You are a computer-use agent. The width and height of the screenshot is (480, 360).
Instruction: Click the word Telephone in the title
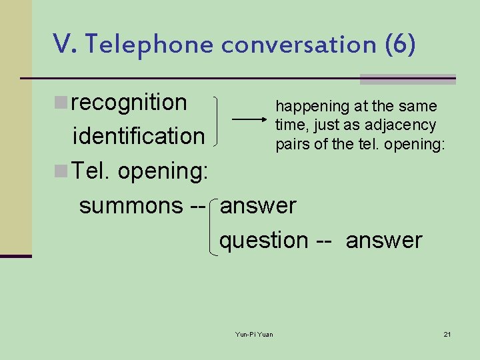coord(149,44)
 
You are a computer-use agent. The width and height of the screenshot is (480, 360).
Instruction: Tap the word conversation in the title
coord(299,44)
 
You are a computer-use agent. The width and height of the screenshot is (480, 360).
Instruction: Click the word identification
coord(139,136)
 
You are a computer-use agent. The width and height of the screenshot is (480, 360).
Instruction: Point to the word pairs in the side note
coord(293,144)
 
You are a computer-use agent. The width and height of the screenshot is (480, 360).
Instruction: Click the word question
coord(264,240)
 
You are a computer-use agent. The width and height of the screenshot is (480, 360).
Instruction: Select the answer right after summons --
coord(258,205)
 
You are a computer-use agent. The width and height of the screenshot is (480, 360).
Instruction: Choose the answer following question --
coord(384,240)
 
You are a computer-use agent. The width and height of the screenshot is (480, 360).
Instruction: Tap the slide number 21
coord(447,334)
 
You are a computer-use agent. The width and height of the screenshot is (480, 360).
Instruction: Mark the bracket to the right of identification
coord(219,120)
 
